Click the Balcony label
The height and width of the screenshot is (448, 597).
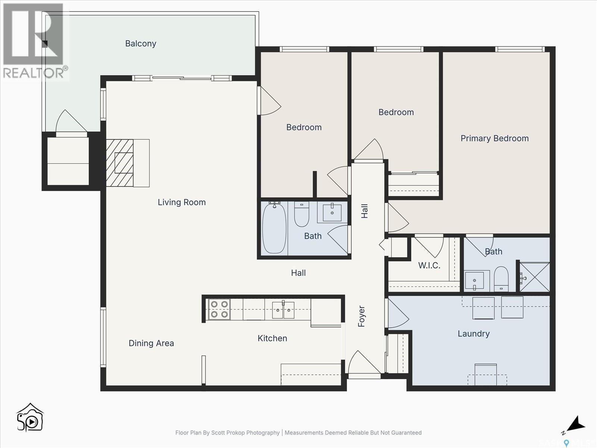(x=141, y=44)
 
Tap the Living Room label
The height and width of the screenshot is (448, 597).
(x=182, y=202)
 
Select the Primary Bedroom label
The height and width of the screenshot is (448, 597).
(x=494, y=139)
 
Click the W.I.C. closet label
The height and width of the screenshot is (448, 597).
(x=429, y=265)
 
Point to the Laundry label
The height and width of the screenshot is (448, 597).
(x=473, y=334)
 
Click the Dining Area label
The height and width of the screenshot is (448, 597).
(x=151, y=343)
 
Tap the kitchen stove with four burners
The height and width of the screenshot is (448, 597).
(x=219, y=309)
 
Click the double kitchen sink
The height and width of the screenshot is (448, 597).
(x=283, y=309)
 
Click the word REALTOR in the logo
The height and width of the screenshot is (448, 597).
(x=34, y=73)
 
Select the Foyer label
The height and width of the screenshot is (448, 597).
(x=362, y=317)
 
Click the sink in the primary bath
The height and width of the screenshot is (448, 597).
(x=474, y=280)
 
